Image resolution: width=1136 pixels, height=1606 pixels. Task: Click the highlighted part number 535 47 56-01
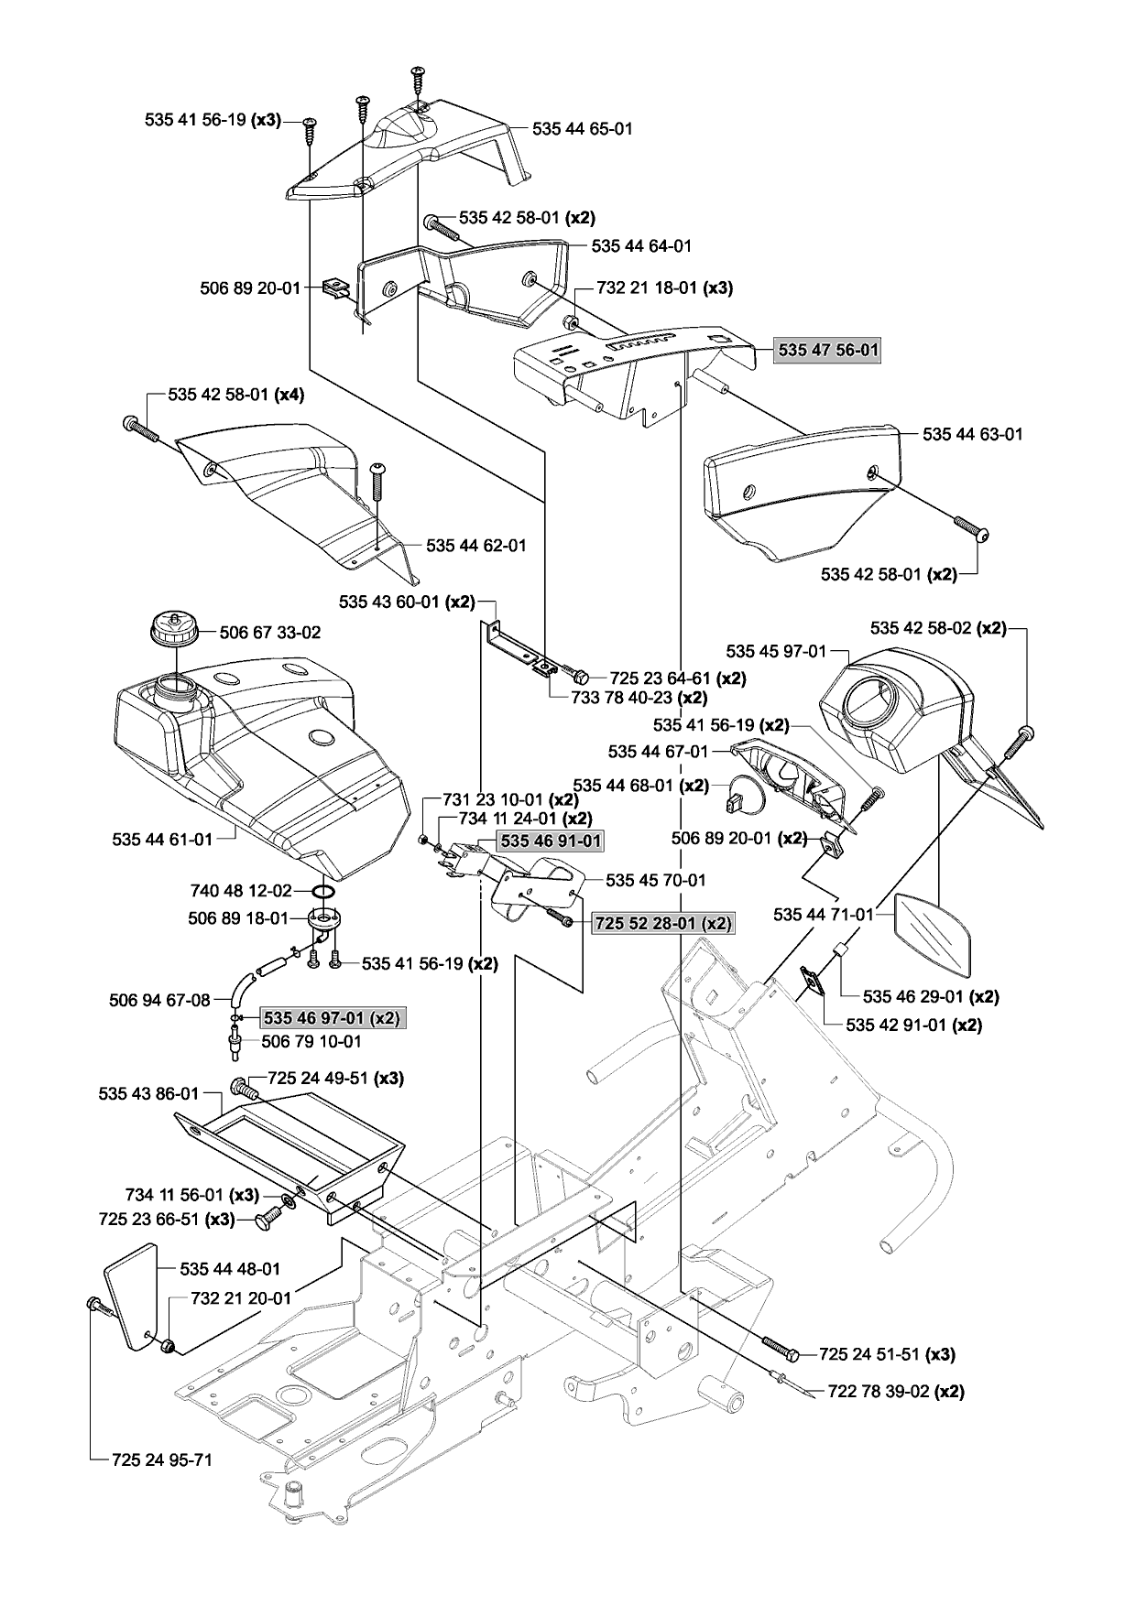coord(827,350)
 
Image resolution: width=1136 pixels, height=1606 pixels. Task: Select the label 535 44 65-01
coord(583,129)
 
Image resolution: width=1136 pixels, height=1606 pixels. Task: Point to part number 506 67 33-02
coord(270,633)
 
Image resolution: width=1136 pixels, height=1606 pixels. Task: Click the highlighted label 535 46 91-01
coord(551,840)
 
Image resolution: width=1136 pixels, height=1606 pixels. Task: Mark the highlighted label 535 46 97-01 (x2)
coord(332,1018)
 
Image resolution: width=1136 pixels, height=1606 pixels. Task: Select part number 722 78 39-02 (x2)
coord(896,1392)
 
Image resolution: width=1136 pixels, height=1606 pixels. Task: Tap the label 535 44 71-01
coord(824,914)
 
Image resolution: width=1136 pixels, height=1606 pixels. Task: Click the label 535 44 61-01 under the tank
coord(162,839)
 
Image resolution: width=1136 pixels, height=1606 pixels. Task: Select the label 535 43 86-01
coord(148,1094)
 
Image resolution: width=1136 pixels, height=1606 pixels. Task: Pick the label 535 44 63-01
coord(973,434)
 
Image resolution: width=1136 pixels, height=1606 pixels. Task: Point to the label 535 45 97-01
coord(776,651)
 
